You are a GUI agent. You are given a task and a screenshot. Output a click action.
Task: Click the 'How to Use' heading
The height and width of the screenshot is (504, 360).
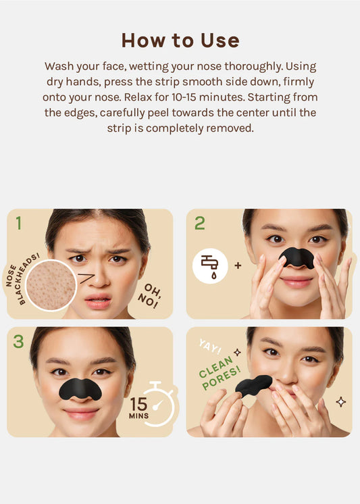point(180,41)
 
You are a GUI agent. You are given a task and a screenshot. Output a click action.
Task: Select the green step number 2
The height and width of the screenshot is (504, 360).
point(199,223)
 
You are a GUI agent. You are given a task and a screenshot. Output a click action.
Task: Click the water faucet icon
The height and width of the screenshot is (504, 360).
point(209,266)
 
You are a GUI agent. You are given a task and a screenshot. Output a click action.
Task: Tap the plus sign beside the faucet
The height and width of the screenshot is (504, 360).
point(238,266)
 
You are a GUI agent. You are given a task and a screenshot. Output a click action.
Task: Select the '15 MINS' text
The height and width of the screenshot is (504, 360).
point(139,407)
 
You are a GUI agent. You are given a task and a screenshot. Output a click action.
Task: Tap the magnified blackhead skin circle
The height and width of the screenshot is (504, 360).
point(51,284)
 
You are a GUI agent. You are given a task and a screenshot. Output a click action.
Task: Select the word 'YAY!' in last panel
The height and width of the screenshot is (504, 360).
point(209,347)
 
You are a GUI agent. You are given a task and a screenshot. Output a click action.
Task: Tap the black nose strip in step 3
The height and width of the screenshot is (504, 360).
point(80,388)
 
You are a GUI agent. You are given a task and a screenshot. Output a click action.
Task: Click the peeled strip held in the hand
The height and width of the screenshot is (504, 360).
point(253,385)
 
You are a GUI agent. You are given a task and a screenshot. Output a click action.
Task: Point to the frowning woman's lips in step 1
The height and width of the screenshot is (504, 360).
point(98,302)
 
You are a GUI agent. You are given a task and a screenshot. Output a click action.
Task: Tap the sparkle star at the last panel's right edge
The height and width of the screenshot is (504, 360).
point(340,402)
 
